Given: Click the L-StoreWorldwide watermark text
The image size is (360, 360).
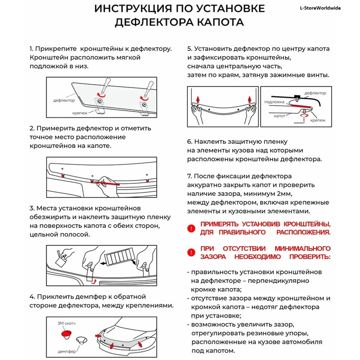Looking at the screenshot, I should click(320, 8).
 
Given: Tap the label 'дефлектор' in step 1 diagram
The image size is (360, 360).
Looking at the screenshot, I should click(64, 100).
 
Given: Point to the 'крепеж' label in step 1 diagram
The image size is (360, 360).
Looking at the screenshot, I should click(80, 113).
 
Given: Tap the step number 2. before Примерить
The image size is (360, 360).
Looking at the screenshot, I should click(32, 128).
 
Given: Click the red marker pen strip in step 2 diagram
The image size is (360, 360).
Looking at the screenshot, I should click(105, 183).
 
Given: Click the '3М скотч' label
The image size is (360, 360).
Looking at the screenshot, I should click(66, 323).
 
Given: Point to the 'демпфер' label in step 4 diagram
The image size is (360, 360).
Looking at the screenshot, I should click(67, 351).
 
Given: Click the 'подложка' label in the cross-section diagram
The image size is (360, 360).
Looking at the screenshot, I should click(274, 102).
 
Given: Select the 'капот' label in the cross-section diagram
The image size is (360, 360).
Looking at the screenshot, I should click(279, 116).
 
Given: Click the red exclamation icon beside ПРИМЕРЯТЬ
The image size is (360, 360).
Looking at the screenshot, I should click(191, 228).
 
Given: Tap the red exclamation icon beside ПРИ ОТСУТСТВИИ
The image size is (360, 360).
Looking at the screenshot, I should click(191, 253).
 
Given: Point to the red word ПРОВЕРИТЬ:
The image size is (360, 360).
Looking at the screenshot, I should click(310, 257).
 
